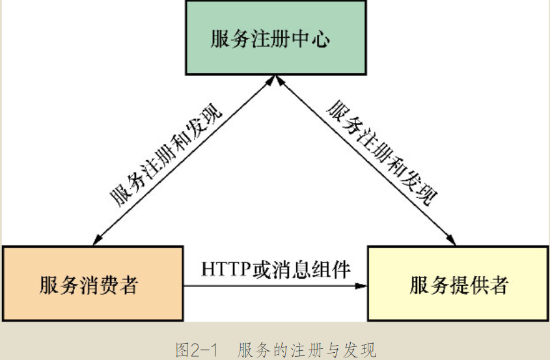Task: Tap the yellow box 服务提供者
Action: click(x=458, y=284)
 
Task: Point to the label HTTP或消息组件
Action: click(x=276, y=268)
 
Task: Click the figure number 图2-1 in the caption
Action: click(x=195, y=350)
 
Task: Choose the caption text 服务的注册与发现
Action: click(x=307, y=350)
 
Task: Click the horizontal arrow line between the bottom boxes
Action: click(x=273, y=285)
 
